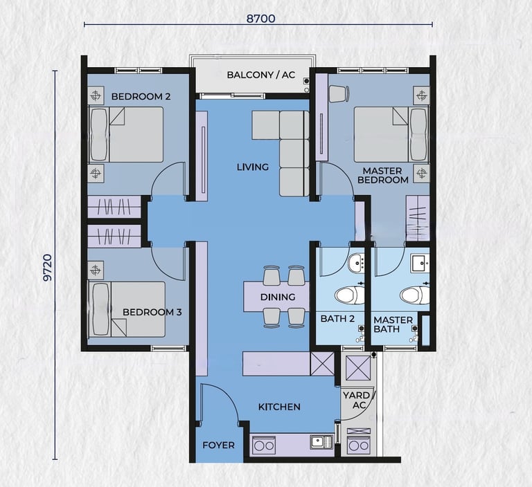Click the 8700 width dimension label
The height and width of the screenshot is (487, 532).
point(260,18)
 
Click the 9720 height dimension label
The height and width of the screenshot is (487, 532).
point(48,268)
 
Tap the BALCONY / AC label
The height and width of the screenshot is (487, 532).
point(261,75)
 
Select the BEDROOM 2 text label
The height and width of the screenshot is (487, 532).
point(141,97)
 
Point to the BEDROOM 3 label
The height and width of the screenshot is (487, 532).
point(152,312)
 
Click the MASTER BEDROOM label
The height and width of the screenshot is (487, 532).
point(382,175)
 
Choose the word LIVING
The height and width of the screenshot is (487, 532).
point(253,167)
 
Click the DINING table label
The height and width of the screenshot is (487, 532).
point(278,297)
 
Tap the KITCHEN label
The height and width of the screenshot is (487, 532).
point(279,407)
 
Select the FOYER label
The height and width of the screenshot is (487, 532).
point(218,445)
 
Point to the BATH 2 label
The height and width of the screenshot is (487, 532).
point(337,319)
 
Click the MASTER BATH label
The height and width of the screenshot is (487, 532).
point(393,324)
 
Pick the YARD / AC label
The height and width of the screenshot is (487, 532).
point(358,401)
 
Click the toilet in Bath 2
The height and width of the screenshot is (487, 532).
point(349,295)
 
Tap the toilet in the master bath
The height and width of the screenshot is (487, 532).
point(415,295)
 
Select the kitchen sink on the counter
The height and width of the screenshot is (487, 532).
point(321,442)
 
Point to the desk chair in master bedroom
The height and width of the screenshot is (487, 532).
point(339,93)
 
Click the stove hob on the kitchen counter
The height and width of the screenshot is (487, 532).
point(264,445)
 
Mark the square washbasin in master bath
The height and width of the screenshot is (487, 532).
point(420,264)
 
